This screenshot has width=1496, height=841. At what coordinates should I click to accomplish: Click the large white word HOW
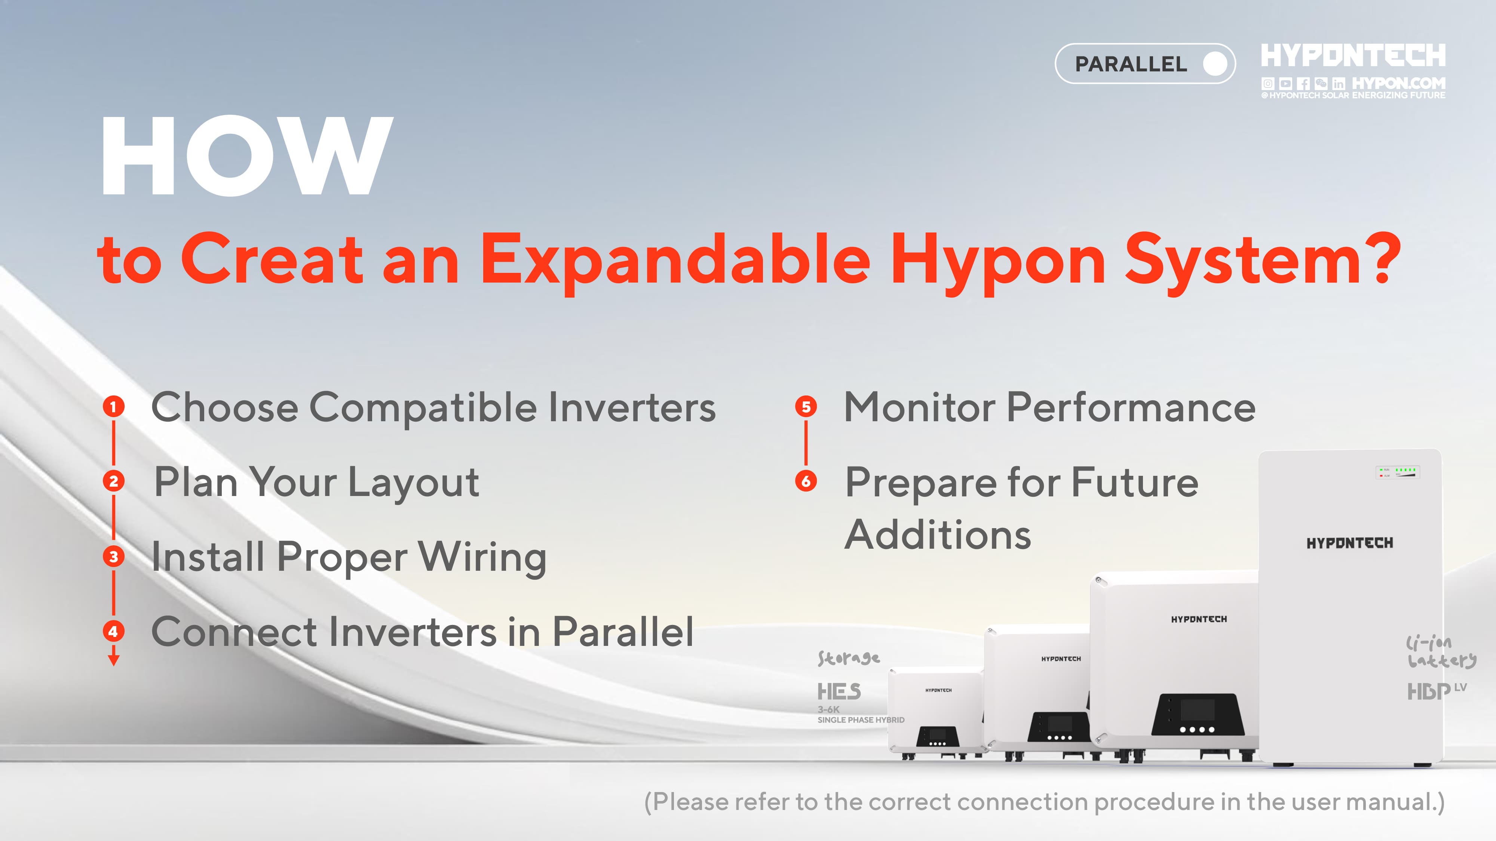point(247,155)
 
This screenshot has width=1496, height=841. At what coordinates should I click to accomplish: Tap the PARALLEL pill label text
point(1131,64)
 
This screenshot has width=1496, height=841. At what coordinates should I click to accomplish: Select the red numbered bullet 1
point(114,406)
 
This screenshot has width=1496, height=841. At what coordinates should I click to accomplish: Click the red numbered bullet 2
point(114,481)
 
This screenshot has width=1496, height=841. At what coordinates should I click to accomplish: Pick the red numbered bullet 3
point(114,557)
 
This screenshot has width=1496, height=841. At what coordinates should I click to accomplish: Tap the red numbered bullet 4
point(114,631)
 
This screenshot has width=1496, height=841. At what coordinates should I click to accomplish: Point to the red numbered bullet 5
point(806,406)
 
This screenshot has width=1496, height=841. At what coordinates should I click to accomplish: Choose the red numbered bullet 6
point(806,481)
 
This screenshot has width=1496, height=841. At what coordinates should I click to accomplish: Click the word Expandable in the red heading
point(676,260)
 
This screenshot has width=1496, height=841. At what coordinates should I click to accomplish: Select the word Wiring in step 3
point(482,558)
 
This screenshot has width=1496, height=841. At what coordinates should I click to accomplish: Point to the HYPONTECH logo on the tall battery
point(1350,543)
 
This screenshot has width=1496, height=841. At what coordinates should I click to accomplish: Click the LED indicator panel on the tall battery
point(1397,472)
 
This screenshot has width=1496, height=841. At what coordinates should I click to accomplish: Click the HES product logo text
point(839,691)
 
